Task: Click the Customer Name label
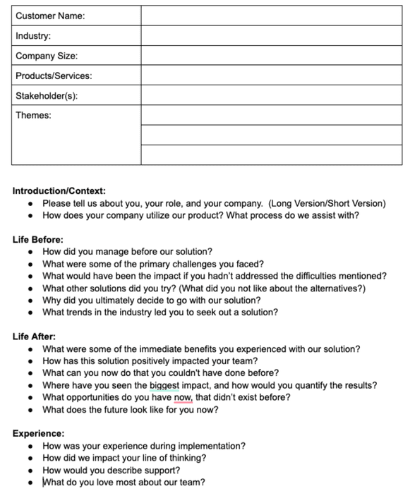coord(50,16)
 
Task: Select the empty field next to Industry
coord(271,36)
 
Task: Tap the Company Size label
coord(47,56)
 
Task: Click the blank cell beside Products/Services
coord(271,75)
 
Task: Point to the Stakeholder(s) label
coord(47,95)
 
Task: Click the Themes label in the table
coord(33,115)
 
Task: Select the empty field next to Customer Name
coord(271,16)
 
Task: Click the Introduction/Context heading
coord(59,191)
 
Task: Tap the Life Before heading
coord(38,239)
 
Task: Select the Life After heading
coord(34,337)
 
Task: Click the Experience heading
coord(38,434)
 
